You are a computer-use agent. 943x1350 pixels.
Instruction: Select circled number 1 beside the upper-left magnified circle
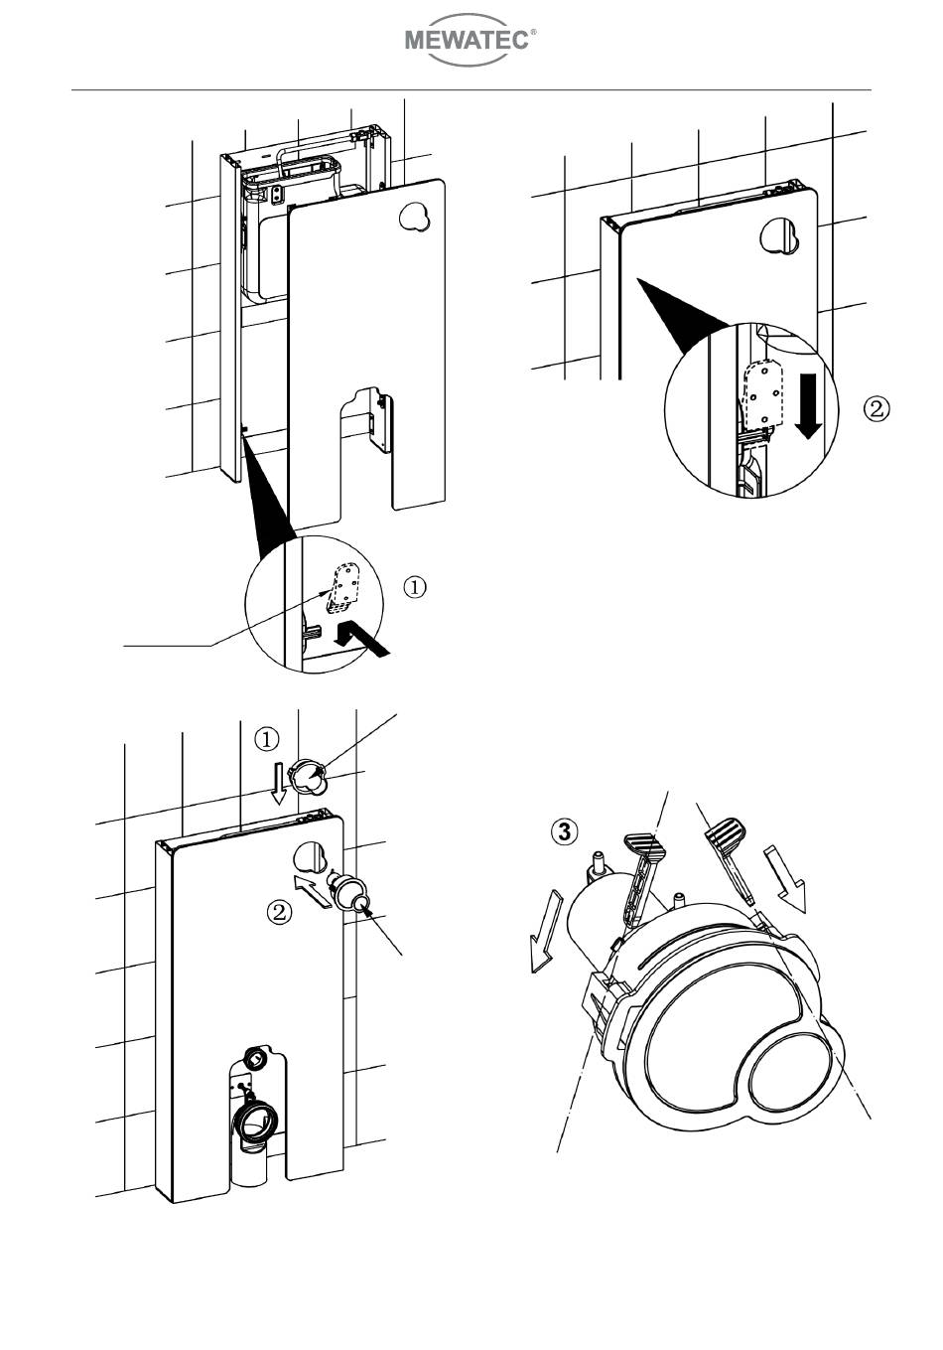click(x=415, y=587)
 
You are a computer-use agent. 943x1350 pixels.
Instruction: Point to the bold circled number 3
click(x=564, y=832)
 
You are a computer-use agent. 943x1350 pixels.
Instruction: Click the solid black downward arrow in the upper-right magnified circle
click(x=808, y=404)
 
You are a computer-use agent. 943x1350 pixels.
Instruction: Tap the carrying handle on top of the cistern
click(x=310, y=158)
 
